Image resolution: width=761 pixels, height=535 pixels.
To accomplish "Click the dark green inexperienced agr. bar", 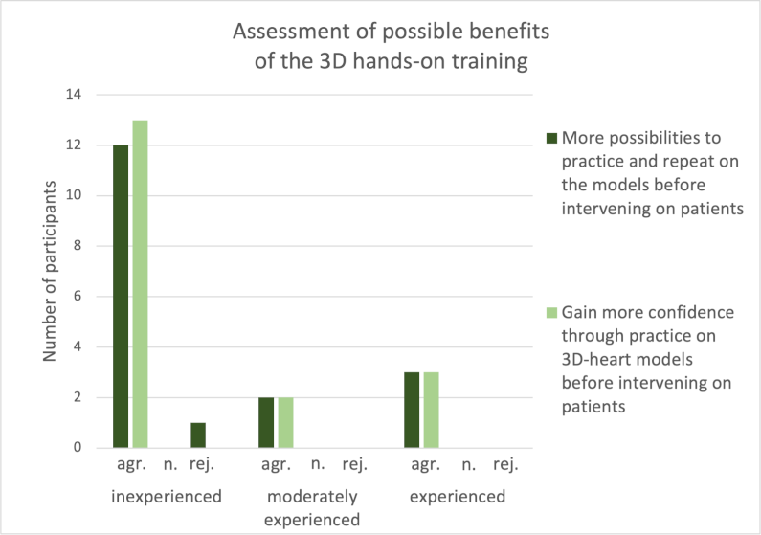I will pos(121,296).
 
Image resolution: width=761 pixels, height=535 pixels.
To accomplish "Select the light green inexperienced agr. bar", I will pos(140,283).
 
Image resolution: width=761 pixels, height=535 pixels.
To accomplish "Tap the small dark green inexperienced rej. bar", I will pos(197,435).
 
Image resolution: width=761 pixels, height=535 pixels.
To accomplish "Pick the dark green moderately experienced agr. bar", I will pos(266,422).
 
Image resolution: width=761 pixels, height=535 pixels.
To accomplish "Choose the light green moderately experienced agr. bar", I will pos(285,422).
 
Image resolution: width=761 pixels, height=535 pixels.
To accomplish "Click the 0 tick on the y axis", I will pos(77,448).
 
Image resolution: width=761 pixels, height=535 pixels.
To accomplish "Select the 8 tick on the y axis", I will pos(77,246).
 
